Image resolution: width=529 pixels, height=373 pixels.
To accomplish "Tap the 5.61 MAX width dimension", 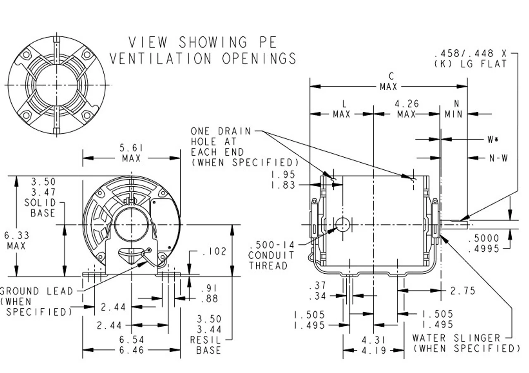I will [x=131, y=153].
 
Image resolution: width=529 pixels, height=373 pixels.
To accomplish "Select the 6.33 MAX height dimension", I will [x=15, y=241].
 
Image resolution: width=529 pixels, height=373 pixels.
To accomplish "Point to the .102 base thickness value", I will [x=214, y=251].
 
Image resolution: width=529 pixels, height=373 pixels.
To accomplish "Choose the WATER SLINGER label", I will [x=456, y=338].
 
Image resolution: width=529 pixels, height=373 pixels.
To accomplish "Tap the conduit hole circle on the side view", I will [x=343, y=224].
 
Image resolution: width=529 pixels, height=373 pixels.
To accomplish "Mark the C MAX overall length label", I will [x=388, y=82].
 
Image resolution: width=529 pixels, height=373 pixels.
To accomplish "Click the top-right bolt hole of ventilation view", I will [x=86, y=54].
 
